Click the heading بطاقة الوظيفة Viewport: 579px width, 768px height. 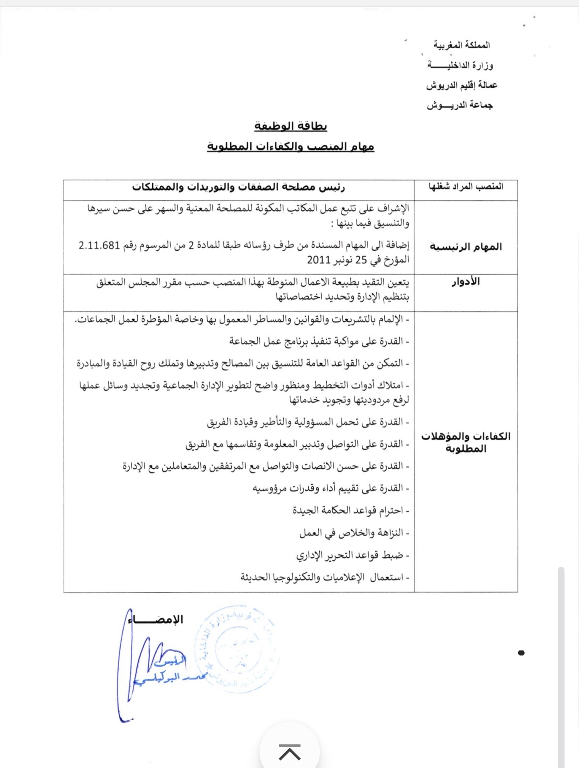pyautogui.click(x=291, y=126)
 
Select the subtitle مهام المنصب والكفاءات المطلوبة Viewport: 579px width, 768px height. pyautogui.click(x=291, y=146)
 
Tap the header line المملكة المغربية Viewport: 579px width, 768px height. pyautogui.click(x=462, y=45)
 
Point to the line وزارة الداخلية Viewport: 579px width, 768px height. pyautogui.click(x=460, y=65)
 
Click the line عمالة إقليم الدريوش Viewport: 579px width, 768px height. pyautogui.click(x=462, y=85)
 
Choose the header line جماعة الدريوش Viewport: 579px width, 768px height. pyautogui.click(x=460, y=105)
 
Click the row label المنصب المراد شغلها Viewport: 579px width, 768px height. pyautogui.click(x=466, y=187)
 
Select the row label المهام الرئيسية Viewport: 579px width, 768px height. pyautogui.click(x=466, y=247)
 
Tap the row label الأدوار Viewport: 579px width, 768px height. pyautogui.click(x=466, y=282)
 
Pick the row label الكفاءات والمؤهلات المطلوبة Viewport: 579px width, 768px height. pyautogui.click(x=466, y=442)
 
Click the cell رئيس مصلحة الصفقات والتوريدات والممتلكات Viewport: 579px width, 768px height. pyautogui.click(x=239, y=187)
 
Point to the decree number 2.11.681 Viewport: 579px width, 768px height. pyautogui.click(x=99, y=245)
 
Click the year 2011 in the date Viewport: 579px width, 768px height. pyautogui.click(x=319, y=260)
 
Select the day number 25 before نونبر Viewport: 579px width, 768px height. pyautogui.click(x=361, y=260)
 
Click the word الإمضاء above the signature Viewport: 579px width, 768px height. pyautogui.click(x=156, y=620)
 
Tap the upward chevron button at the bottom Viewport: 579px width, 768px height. pyautogui.click(x=290, y=752)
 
